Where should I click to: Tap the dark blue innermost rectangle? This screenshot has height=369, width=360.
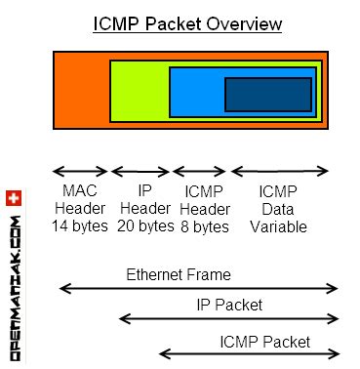(x=267, y=94)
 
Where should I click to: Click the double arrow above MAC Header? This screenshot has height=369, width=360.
(x=80, y=170)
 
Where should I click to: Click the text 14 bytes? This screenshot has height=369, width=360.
(x=80, y=226)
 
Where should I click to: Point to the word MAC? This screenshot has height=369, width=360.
(x=80, y=190)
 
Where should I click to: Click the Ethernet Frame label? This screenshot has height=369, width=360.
(x=176, y=273)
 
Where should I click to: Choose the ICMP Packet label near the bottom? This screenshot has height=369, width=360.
(x=264, y=342)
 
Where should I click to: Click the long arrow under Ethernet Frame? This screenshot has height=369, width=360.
(x=199, y=289)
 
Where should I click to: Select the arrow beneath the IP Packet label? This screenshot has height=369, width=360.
(x=229, y=319)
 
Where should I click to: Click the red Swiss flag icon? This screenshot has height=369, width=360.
(x=13, y=199)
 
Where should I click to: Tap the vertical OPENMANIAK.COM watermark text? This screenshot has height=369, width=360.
(x=14, y=283)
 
